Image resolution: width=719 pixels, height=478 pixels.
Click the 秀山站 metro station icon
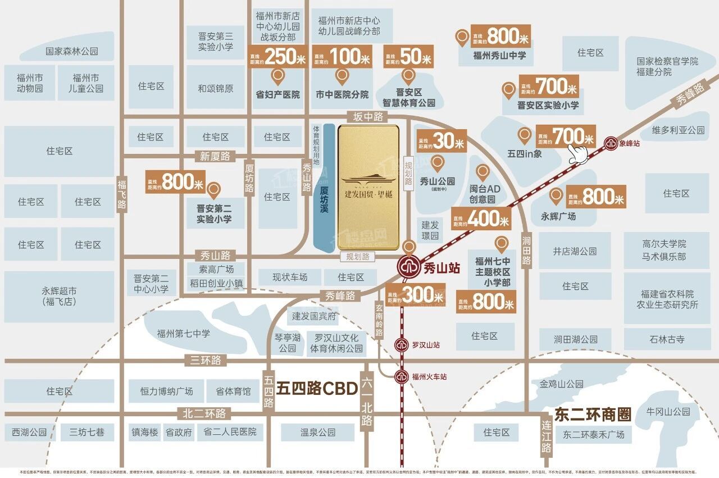pos(409,268)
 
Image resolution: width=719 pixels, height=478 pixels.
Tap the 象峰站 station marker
pos(610,143)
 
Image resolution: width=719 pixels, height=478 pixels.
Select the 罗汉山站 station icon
pos(402,345)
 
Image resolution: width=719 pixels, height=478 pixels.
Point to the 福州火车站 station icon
pos(402,376)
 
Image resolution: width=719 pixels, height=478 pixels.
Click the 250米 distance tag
pos(278,56)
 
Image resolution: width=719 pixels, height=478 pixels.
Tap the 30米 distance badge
pos(442,141)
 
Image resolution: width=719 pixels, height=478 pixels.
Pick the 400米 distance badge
pos(481,218)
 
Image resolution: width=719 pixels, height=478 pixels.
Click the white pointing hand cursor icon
pos(579,153)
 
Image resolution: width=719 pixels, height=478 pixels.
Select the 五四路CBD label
pos(317,388)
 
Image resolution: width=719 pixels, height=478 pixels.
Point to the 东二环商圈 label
pos(593,415)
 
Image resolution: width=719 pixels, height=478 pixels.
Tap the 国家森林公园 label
pos(72,51)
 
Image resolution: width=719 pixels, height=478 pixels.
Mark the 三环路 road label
pos(206,360)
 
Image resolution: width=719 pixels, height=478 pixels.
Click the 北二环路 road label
pos(204,413)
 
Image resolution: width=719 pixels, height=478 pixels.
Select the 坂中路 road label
pos(368,116)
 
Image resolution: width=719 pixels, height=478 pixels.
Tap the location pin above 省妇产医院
pos(277,76)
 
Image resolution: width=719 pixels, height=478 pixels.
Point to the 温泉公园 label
pos(317,432)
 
